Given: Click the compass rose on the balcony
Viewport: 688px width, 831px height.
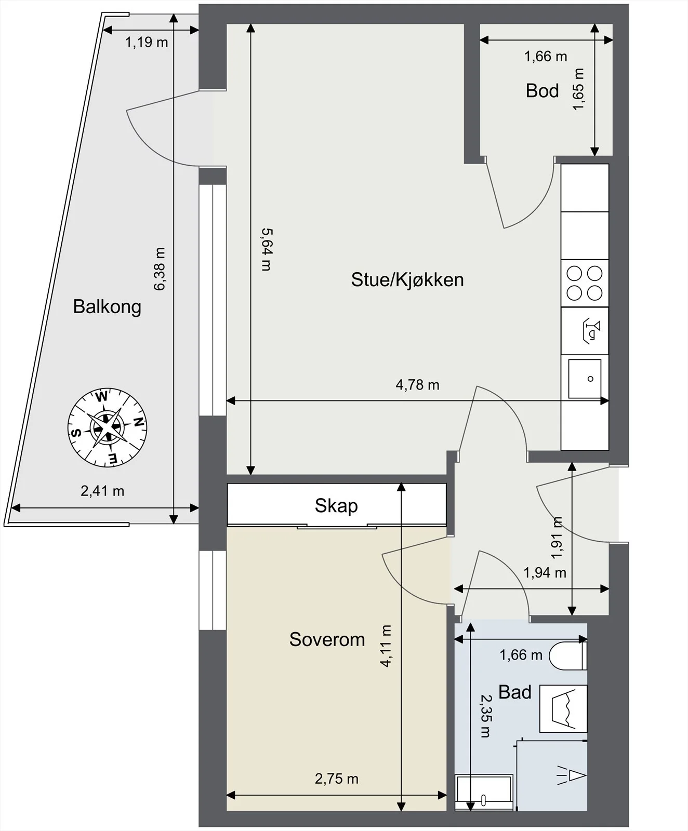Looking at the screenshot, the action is pos(108,427).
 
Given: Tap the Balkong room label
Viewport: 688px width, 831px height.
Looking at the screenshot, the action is pos(107,306).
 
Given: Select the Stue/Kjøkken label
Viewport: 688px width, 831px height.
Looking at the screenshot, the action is pos(407,280).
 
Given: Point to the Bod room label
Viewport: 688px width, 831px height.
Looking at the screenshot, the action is pos(542,91).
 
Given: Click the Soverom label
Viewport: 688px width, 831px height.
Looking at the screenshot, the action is pos(327,639).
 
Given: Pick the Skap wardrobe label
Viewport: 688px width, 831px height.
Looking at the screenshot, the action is pos(336,506).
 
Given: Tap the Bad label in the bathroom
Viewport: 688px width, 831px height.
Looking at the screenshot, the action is pos(515,692).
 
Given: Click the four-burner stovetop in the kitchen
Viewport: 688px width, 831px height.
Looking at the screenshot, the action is pos(585,283).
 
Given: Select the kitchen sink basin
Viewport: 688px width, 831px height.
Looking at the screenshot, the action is pos(585,379).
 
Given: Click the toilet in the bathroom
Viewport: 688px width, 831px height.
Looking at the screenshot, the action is pos(568,655).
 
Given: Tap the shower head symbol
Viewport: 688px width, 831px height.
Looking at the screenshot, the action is pos(572,775).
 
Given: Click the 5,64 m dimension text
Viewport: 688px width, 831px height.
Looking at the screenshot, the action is pos(266,250).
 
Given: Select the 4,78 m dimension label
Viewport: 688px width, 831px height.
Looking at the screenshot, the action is pos(417,385).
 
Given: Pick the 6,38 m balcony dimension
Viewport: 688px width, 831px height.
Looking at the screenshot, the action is pos(159,269).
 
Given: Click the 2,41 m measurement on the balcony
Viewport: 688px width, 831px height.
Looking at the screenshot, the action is pos(102,491).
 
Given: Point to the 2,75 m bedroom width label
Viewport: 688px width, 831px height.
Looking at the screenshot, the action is pos(337,779).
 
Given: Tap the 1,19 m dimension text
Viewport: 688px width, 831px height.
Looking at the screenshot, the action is pos(147,42).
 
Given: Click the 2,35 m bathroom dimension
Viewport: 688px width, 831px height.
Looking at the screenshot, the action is pos(485,716).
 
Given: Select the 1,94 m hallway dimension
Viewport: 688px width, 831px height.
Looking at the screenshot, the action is pos(545,573).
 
